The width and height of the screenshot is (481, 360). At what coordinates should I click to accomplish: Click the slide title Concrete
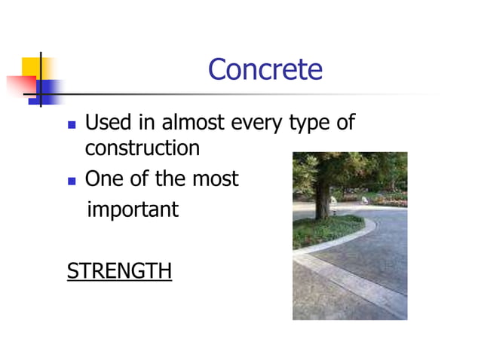[265, 70]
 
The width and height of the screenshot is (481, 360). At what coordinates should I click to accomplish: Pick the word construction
[142, 148]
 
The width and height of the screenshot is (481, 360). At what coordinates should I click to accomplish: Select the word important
[133, 209]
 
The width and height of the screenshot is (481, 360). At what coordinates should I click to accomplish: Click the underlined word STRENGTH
[119, 270]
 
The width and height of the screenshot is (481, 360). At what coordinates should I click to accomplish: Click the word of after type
[345, 122]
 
